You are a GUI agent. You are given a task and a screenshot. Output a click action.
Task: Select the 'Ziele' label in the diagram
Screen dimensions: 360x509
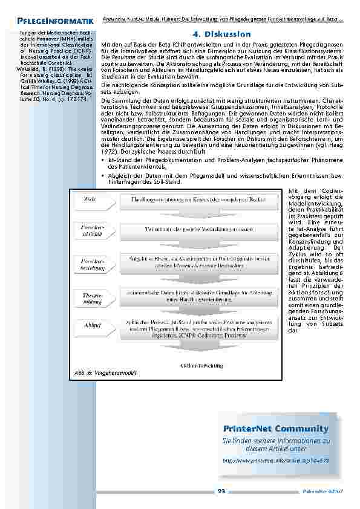[91, 198]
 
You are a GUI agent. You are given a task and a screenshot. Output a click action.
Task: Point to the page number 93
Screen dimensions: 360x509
[221, 491]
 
